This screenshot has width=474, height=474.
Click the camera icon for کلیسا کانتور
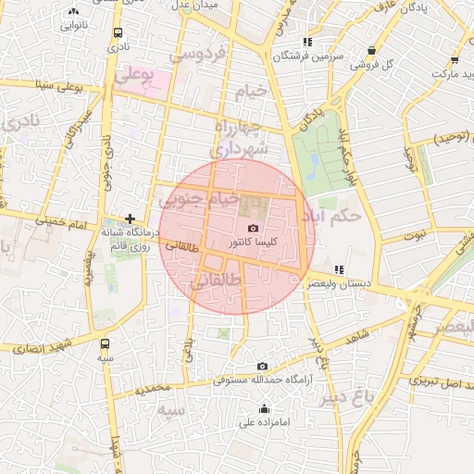pos(253,229)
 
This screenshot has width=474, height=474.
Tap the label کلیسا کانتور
pos(253,243)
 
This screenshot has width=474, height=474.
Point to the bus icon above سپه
pos(104,343)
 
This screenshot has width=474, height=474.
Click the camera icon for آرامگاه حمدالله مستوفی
pos(262,367)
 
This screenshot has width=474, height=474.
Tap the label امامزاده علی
pos(265,423)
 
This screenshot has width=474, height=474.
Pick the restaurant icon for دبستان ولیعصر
pos(338,269)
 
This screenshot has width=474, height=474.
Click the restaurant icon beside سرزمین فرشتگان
pos(307,42)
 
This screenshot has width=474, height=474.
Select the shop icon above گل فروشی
pos(371,51)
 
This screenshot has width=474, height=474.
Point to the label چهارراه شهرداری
pos(240,136)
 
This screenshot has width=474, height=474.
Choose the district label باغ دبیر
pos(347,397)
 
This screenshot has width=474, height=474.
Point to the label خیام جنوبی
pos(200,198)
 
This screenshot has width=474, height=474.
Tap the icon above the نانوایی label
pos(74,11)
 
